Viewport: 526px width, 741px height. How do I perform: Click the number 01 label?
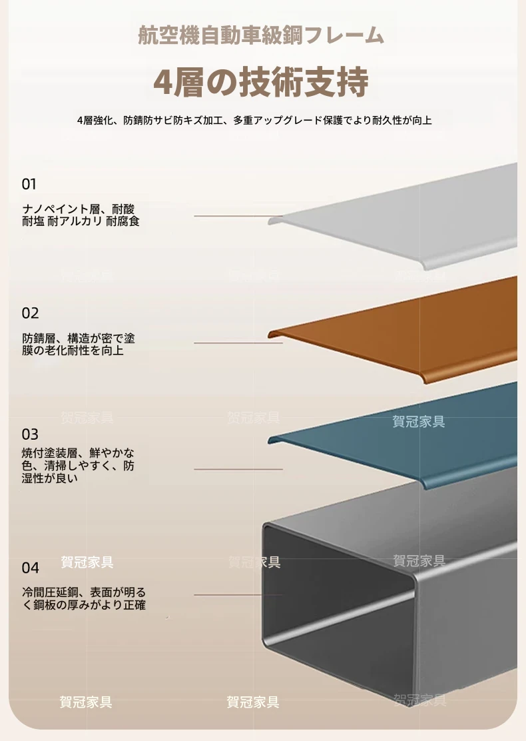(x=29, y=184)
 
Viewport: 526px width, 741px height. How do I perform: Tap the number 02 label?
(x=30, y=313)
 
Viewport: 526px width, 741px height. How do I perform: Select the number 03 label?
(x=30, y=434)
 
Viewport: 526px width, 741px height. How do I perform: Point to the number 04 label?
(x=30, y=568)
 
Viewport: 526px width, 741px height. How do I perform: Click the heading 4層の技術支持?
(x=261, y=82)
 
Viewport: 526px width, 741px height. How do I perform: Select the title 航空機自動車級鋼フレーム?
(x=261, y=36)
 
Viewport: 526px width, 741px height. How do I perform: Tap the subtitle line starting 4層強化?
(x=254, y=121)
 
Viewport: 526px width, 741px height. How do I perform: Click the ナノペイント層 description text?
(x=81, y=215)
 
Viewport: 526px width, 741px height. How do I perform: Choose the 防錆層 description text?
(x=79, y=344)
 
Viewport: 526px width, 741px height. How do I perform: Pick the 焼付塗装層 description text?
(x=78, y=466)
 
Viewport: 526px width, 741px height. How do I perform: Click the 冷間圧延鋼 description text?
(x=84, y=598)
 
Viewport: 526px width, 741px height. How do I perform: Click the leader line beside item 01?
(x=238, y=216)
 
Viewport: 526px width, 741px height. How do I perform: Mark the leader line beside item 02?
(x=238, y=343)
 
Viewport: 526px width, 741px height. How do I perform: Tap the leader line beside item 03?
(x=238, y=469)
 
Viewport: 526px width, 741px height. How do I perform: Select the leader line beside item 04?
(x=238, y=595)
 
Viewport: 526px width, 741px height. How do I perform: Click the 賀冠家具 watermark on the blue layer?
(x=419, y=421)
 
